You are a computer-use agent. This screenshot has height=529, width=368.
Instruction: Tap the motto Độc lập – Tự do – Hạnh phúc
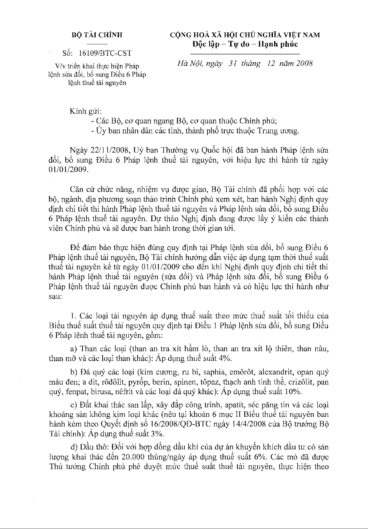pyautogui.click(x=245, y=44)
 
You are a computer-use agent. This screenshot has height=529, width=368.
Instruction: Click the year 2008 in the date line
pyautogui.click(x=302, y=64)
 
